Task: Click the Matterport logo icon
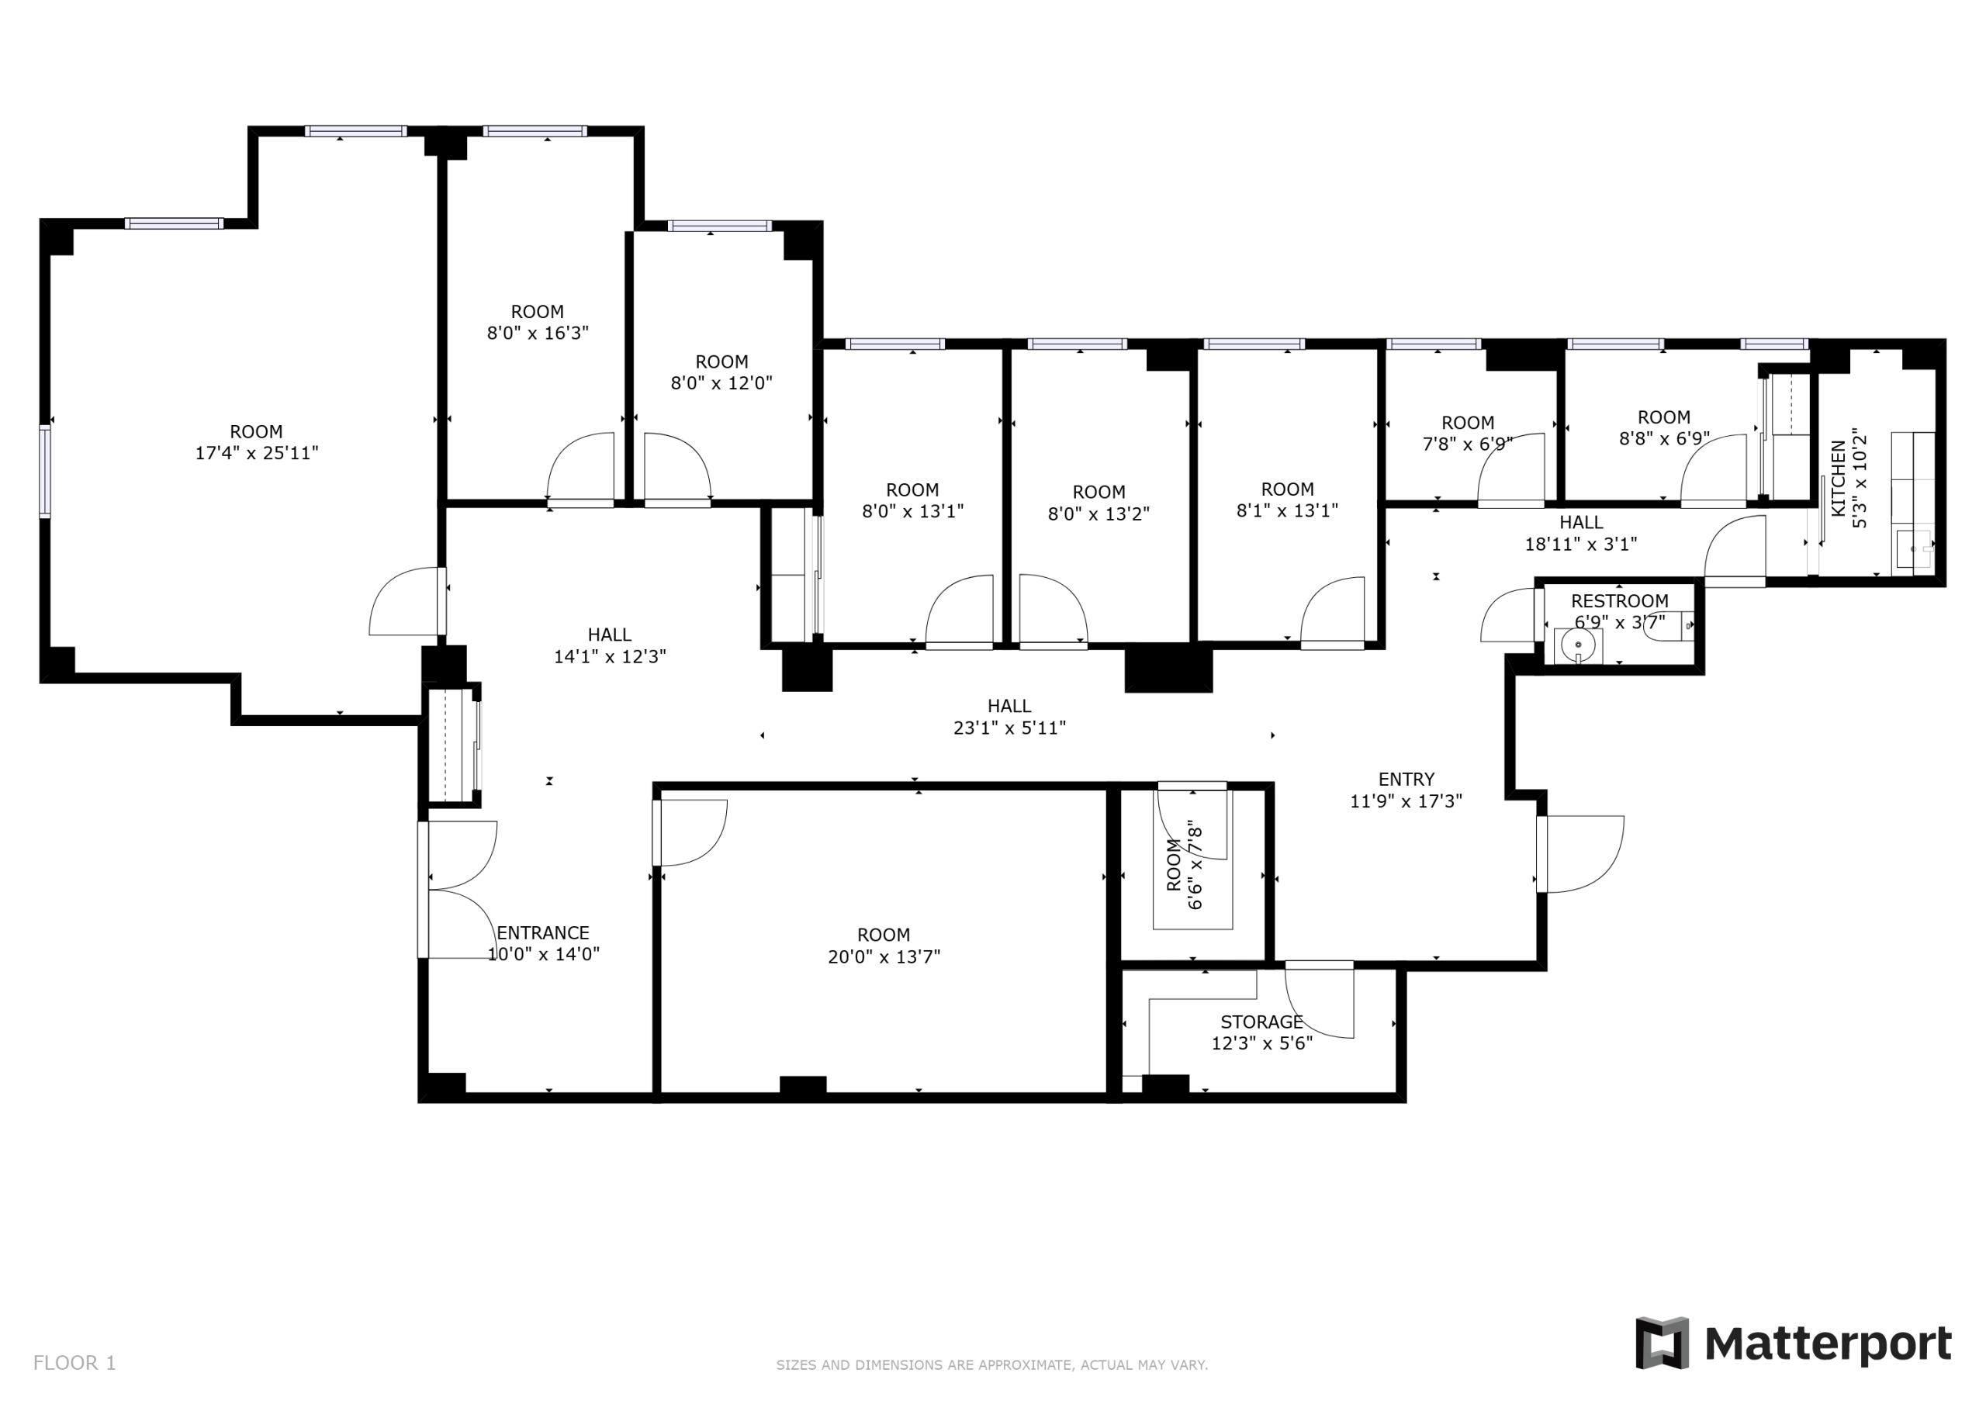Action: [x=1662, y=1343]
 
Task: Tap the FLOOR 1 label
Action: [x=74, y=1364]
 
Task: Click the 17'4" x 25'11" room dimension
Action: [x=257, y=452]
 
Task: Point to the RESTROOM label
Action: [x=1619, y=601]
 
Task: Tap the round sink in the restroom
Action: [x=1579, y=645]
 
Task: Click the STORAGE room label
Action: [x=1261, y=1022]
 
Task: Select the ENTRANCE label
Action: [x=542, y=932]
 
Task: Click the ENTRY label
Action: [x=1406, y=780]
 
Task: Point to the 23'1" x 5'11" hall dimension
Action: [x=1009, y=728]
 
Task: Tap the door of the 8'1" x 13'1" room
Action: [x=1333, y=610]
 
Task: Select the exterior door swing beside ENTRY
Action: [x=1583, y=853]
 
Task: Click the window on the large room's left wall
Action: [x=45, y=471]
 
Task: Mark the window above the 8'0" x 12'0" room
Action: [x=719, y=226]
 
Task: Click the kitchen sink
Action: [x=1912, y=548]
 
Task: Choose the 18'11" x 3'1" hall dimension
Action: [x=1580, y=544]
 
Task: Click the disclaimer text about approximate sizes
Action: [x=991, y=1365]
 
